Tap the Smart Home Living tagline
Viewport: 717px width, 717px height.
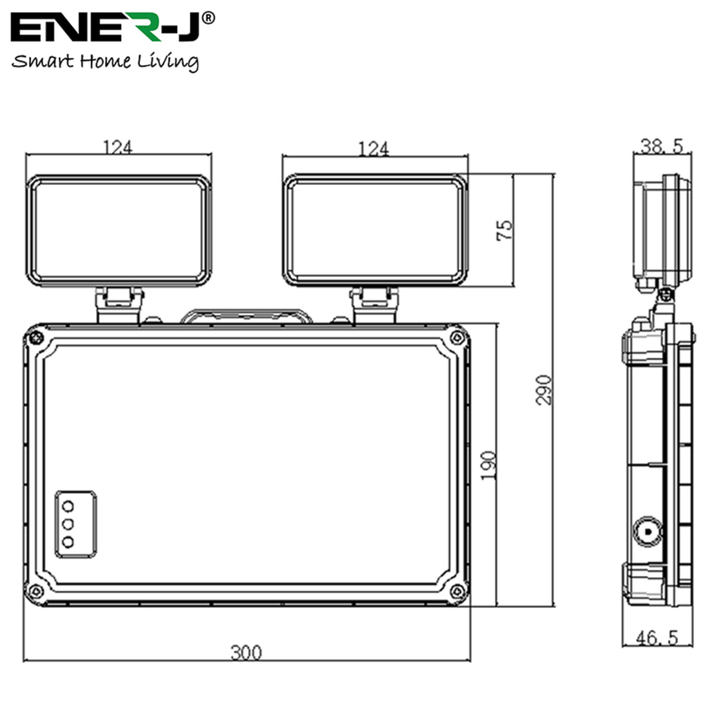coord(105,62)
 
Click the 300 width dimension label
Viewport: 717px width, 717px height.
coord(246,652)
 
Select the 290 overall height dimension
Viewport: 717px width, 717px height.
coord(544,389)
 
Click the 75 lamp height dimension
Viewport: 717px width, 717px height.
coord(505,230)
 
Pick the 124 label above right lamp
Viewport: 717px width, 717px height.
coord(374,148)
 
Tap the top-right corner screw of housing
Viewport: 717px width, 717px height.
coord(457,337)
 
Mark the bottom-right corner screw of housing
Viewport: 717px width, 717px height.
coord(457,591)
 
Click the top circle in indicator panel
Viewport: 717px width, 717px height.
coord(68,505)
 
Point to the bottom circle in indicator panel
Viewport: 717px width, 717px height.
coord(68,542)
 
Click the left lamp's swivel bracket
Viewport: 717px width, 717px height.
coord(119,305)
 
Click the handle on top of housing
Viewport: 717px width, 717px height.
coord(246,316)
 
